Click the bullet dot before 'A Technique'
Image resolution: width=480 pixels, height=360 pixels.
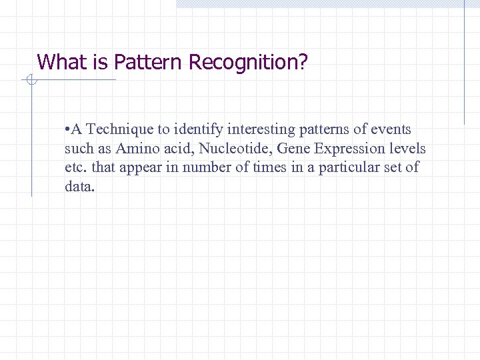[68, 129]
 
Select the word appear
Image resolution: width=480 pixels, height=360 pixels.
[140, 168]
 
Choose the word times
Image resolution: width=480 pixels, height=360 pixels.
[270, 167]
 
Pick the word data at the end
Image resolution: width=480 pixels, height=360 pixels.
[79, 187]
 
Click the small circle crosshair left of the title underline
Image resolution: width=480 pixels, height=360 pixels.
[31, 81]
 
